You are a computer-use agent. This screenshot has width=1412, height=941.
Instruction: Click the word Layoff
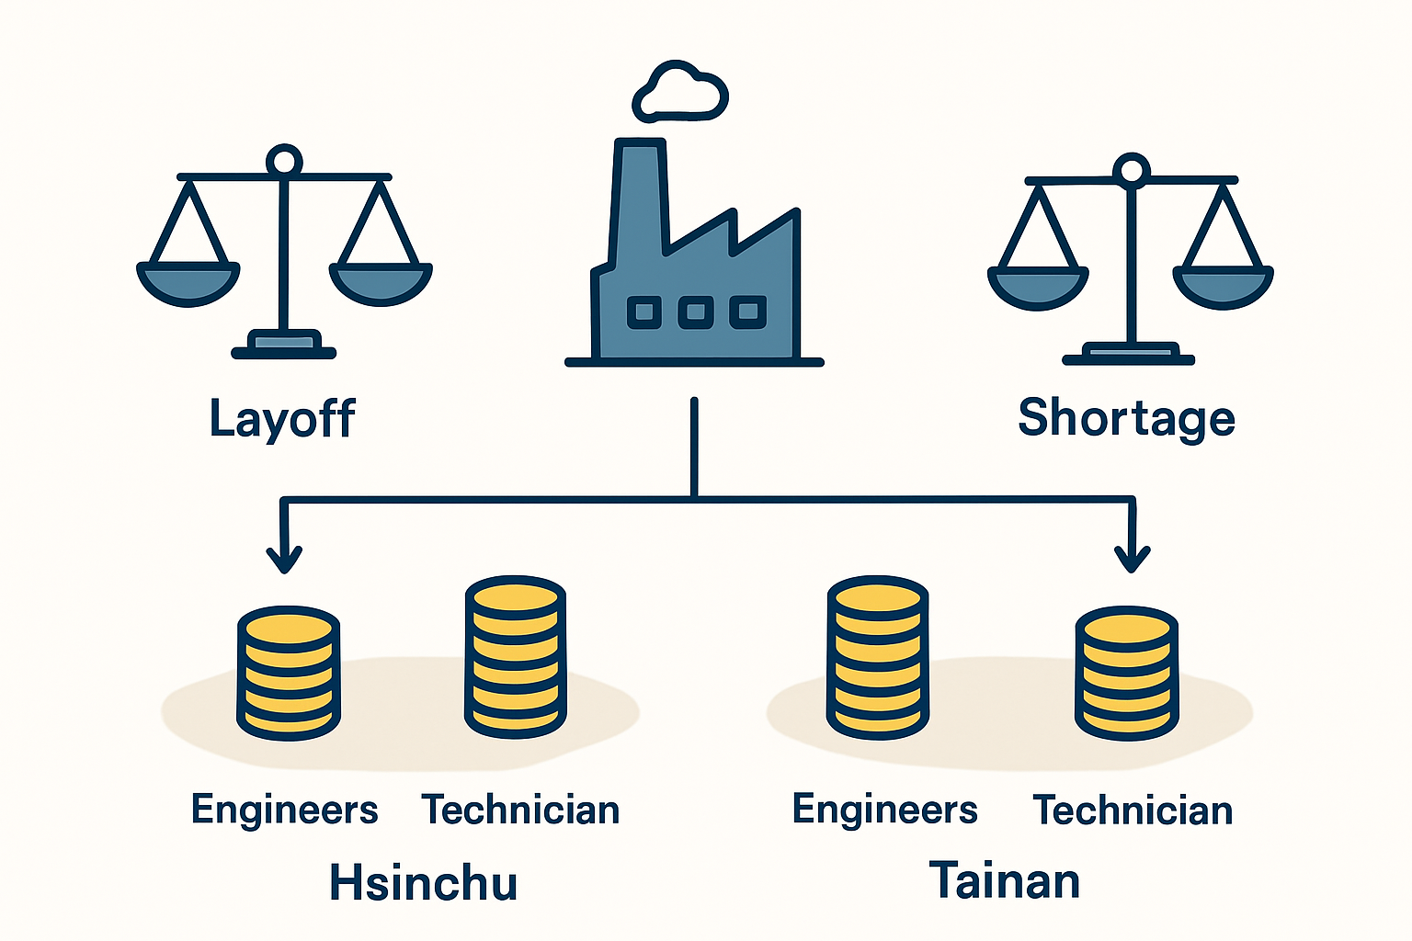[282, 418]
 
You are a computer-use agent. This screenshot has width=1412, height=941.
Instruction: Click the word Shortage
[1126, 418]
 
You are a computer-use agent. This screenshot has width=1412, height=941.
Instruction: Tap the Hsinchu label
[423, 882]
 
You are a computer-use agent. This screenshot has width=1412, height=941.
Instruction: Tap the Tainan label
[1005, 879]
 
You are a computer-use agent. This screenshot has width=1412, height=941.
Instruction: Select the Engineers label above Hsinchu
[284, 810]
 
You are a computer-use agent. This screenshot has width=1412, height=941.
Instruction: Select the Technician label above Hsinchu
[520, 810]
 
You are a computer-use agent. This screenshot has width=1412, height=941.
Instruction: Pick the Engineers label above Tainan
[885, 810]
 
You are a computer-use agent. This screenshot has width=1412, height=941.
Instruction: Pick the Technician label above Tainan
[1133, 810]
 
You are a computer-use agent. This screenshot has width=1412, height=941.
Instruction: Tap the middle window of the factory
[695, 312]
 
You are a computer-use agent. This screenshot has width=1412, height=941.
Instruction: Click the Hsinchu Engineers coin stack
[289, 674]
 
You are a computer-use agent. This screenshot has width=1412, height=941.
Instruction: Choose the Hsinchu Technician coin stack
[516, 657]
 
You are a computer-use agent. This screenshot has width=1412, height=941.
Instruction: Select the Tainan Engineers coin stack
[878, 657]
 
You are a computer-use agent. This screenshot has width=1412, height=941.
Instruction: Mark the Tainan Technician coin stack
[1126, 674]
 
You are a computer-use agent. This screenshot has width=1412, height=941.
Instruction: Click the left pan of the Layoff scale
[188, 283]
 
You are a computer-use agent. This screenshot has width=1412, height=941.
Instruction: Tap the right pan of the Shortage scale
[1223, 287]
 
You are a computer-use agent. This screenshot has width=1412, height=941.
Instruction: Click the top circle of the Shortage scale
[1132, 170]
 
